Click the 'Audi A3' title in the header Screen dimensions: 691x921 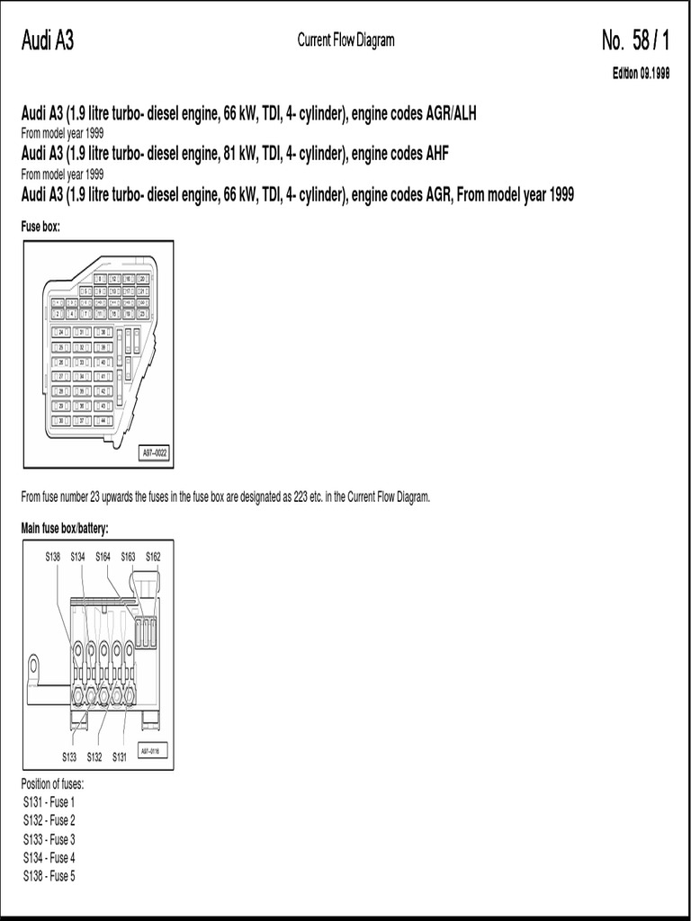(47, 40)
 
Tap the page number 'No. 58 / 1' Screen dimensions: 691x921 (635, 40)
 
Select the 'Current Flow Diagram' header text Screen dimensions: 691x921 (345, 40)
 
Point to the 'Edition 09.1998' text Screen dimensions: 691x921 (642, 75)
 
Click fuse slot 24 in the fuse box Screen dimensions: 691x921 (62, 332)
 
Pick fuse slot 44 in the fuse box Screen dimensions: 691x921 (104, 420)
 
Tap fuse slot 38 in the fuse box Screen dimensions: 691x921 (104, 332)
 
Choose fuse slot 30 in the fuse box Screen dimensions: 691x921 (62, 420)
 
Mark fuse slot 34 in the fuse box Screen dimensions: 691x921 (83, 376)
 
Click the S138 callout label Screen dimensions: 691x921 (53, 558)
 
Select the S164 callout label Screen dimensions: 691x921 (103, 558)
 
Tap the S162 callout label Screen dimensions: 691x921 (153, 558)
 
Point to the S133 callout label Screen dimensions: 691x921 (70, 756)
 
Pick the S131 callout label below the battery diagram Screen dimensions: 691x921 (120, 756)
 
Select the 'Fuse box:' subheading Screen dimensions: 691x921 (40, 228)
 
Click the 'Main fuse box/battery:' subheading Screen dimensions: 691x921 (70, 527)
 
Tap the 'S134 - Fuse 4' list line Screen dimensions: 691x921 (49, 857)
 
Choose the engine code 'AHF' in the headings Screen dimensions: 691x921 (435, 154)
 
